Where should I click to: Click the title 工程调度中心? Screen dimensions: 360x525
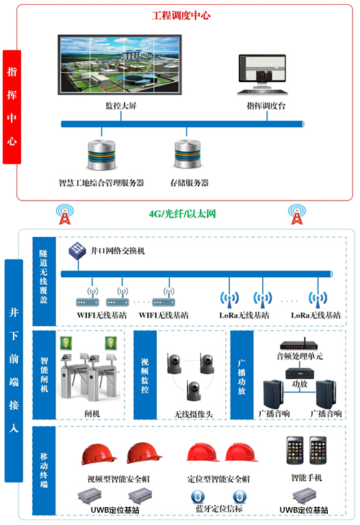tap(181, 16)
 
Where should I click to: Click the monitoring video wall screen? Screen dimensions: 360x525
tap(120, 64)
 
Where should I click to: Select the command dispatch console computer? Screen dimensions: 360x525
tap(262, 75)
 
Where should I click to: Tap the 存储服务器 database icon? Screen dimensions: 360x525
tap(188, 154)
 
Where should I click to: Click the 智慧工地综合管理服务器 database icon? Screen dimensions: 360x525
tap(101, 155)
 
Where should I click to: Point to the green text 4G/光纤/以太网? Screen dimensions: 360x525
tap(182, 214)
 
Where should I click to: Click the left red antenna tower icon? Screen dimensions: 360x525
tap(64, 214)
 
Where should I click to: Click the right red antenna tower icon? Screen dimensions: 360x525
tap(297, 214)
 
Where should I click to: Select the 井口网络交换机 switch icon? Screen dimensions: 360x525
tap(77, 251)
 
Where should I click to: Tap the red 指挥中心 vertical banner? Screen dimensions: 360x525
tap(12, 107)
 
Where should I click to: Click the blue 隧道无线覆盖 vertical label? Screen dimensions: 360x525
tap(44, 281)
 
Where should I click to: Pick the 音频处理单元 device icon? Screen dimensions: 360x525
tap(298, 344)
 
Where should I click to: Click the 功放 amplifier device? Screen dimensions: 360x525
tap(299, 373)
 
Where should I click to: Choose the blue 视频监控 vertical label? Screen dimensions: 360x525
tap(145, 375)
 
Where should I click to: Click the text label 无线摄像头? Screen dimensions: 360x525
tap(194, 414)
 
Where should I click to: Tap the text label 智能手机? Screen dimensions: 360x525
tap(307, 478)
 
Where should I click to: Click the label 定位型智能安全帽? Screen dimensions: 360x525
tap(218, 479)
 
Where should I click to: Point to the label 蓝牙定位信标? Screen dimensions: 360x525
tap(219, 509)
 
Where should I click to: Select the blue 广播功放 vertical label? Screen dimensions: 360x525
tap(242, 375)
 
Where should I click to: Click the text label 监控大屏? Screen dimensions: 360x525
tap(121, 106)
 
